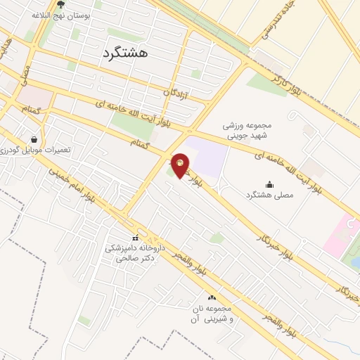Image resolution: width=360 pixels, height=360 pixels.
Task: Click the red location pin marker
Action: pyautogui.click(x=180, y=165)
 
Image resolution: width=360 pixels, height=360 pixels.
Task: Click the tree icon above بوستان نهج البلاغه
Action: pyautogui.click(x=60, y=4)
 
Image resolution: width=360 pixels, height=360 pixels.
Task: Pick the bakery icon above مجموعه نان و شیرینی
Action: pyautogui.click(x=212, y=297)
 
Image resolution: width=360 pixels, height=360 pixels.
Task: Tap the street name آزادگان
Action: pyautogui.click(x=178, y=92)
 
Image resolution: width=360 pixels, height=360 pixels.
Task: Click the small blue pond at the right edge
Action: pyautogui.click(x=356, y=262)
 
